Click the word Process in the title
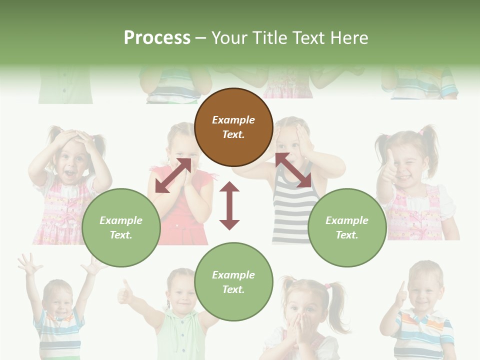(x=157, y=38)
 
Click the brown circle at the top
(x=233, y=127)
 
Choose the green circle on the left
(x=121, y=227)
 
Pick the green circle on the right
(x=347, y=227)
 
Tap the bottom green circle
(x=233, y=281)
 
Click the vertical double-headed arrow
(x=229, y=205)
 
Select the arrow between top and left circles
(x=173, y=175)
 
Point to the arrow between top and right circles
(x=293, y=170)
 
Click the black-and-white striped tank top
(x=292, y=210)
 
